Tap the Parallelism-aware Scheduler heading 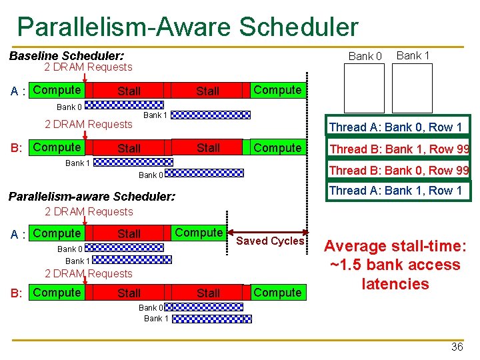(91, 197)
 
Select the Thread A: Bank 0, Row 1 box (395, 127)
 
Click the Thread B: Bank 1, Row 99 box (399, 149)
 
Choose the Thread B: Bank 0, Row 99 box (399, 170)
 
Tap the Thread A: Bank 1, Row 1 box (395, 191)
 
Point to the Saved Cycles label (270, 241)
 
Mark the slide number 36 (457, 347)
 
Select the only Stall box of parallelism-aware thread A (129, 233)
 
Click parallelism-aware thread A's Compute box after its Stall (199, 233)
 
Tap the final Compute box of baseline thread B (277, 147)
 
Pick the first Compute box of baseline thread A (57, 90)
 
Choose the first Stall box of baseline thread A (129, 91)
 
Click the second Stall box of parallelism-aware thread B (208, 293)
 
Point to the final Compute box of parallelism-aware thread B (277, 293)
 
